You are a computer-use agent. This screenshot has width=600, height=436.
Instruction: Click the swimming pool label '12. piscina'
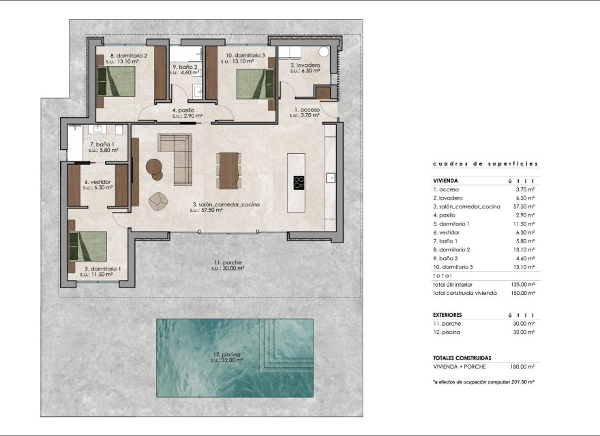coord(225,355)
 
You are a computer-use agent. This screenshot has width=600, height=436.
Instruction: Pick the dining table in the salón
coord(228,170)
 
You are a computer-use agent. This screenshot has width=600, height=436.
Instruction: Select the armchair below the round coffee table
coord(159,201)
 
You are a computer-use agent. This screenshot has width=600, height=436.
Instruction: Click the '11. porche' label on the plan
coord(226,262)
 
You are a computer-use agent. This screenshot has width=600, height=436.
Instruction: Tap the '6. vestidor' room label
coord(97,182)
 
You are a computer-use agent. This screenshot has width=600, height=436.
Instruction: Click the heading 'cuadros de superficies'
coord(485,163)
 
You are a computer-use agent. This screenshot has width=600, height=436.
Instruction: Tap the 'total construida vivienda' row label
coord(465,292)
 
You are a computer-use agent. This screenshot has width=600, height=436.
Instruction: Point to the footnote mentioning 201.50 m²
coord(483,382)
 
